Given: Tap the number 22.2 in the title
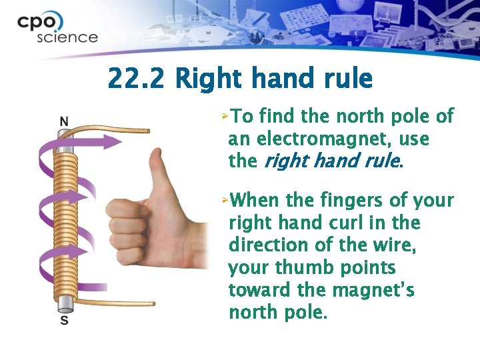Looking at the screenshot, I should (137, 79).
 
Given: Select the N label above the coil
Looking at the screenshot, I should (64, 121).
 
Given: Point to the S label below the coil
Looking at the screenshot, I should (64, 321).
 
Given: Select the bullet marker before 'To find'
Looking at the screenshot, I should (226, 117).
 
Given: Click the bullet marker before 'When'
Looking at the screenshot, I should (226, 200).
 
